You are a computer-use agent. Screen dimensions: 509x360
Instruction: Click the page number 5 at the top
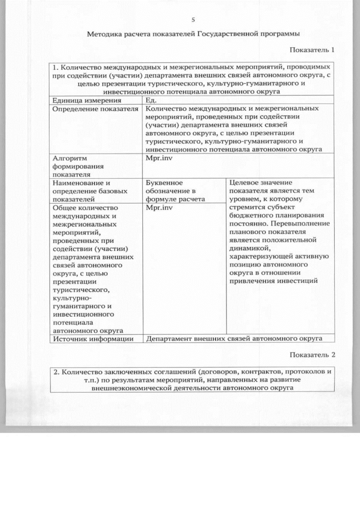tap(193, 20)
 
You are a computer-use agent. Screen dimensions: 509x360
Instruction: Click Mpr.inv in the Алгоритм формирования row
tap(159, 159)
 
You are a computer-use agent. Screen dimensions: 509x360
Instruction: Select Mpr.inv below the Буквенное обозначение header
tap(159, 207)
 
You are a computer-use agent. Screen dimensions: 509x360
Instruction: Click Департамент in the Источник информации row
tap(169, 339)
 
